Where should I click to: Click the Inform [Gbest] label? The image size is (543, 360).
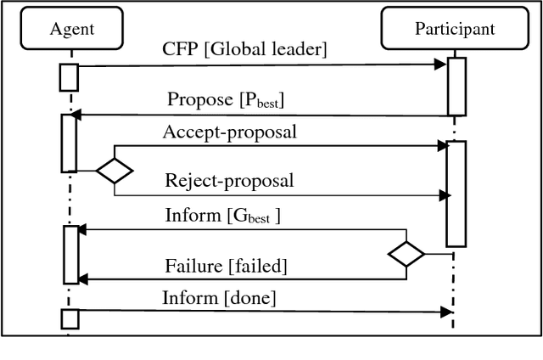tap(222, 216)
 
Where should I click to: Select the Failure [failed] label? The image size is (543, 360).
tap(226, 266)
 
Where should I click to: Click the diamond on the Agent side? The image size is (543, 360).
tap(115, 171)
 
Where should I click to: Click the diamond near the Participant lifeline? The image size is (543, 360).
tap(406, 253)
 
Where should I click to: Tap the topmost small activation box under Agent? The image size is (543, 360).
tap(69, 76)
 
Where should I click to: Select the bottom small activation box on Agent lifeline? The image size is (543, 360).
tap(69, 318)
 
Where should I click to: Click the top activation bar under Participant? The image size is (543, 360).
tap(456, 86)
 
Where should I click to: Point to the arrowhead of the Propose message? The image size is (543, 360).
tap(75, 115)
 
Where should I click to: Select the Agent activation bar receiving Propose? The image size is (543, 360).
tap(69, 143)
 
